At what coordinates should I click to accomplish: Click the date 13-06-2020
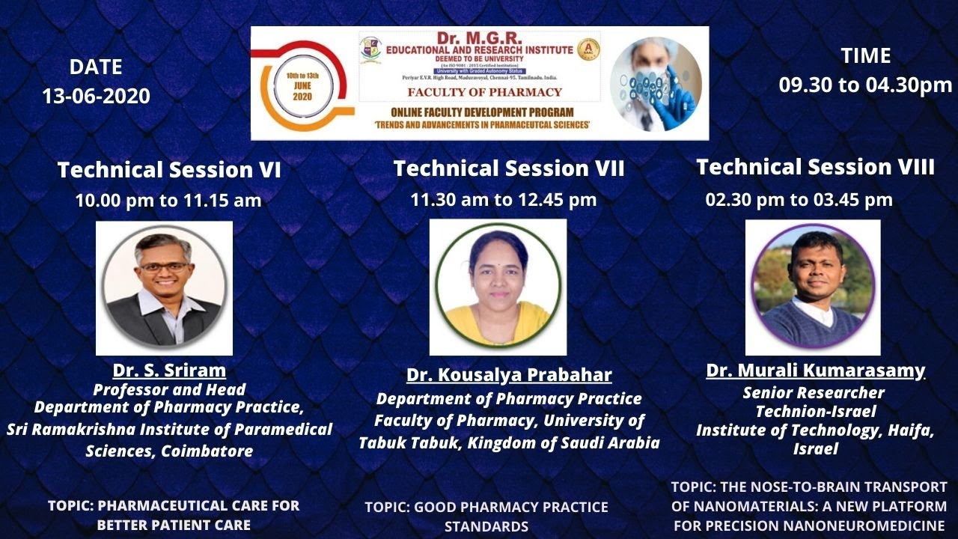click(96, 97)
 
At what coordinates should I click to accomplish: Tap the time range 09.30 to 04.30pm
click(865, 85)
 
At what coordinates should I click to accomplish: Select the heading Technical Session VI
click(169, 171)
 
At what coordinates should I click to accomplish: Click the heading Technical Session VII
click(509, 169)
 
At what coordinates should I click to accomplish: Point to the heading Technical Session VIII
click(815, 167)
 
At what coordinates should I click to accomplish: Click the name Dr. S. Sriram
click(169, 371)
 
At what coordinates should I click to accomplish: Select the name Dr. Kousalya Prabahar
click(509, 375)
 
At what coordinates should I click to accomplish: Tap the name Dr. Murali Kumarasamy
click(815, 371)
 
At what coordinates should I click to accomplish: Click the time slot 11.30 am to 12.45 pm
click(503, 200)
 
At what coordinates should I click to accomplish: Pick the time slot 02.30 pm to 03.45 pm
click(799, 200)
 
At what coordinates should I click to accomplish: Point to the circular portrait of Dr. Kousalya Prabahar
click(498, 287)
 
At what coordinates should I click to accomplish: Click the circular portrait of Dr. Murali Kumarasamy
click(813, 287)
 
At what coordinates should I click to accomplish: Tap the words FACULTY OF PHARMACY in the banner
click(484, 93)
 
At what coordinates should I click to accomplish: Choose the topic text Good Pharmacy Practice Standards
click(486, 517)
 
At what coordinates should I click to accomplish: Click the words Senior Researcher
click(814, 393)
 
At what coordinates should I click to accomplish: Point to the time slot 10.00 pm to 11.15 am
click(168, 201)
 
